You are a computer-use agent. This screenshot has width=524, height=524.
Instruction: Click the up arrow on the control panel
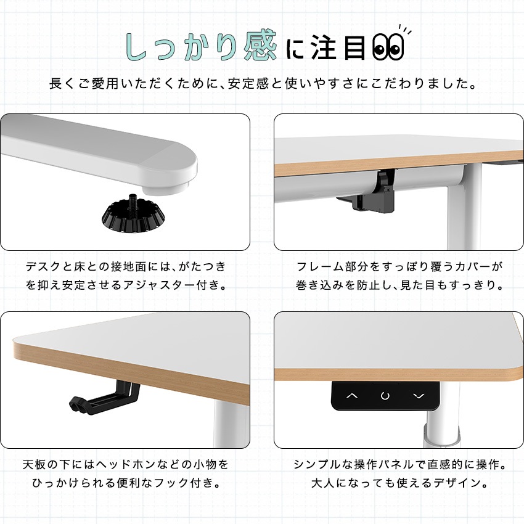coord(352,396)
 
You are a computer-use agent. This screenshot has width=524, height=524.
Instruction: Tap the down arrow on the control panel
coord(419,396)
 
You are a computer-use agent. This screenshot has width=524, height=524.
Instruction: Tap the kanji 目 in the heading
coord(355,48)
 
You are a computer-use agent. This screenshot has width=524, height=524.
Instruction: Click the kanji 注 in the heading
coord(324,48)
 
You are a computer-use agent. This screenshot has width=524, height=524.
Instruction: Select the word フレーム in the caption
coord(321,267)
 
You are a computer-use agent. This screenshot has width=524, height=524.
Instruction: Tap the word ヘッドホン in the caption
coord(121,465)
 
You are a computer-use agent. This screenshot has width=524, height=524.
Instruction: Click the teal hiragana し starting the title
coord(137,47)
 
